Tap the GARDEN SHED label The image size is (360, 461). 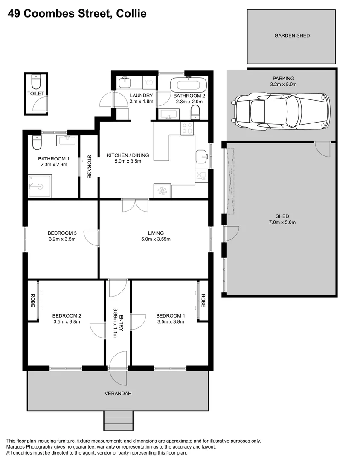point(292,36)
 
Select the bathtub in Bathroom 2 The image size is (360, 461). point(189,84)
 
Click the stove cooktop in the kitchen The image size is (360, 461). point(187,128)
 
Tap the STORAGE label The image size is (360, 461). point(89,166)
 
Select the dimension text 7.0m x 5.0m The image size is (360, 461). point(282,222)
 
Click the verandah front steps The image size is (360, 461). point(118,420)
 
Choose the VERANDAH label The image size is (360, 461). point(118,393)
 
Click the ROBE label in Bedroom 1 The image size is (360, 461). point(203,301)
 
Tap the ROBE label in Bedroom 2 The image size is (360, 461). point(32,301)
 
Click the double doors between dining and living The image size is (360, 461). point(135,206)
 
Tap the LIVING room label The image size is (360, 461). point(156,233)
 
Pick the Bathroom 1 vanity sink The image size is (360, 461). point(67,140)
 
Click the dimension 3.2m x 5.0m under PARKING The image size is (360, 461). point(284,85)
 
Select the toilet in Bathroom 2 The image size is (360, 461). point(195,113)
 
